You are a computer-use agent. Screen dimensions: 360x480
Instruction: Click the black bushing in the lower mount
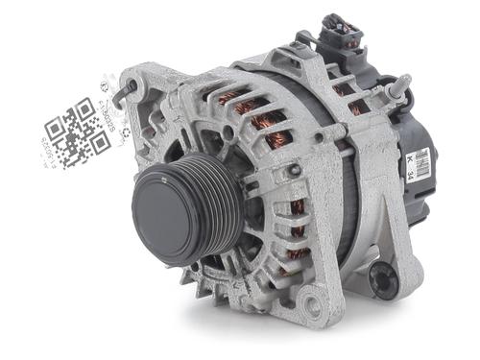coord(385,279)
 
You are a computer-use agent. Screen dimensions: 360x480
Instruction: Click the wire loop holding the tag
coord(123,93)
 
